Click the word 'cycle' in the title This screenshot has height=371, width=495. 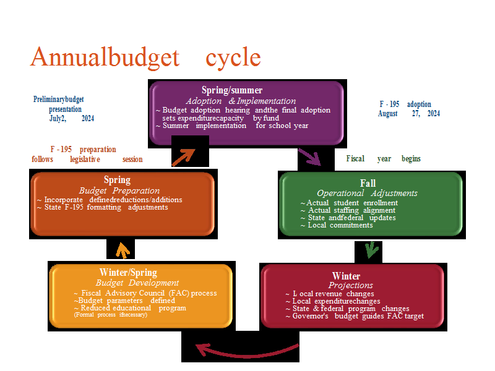[x=233, y=58]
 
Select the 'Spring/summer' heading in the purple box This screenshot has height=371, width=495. [x=232, y=90]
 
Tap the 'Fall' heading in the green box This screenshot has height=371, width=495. [x=368, y=183]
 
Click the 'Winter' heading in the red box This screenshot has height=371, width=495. [x=346, y=276]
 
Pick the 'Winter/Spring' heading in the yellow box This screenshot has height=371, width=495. [x=128, y=272]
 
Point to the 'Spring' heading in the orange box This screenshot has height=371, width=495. [x=117, y=180]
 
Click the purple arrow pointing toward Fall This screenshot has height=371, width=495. [x=310, y=156]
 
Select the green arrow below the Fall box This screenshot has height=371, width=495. [x=372, y=250]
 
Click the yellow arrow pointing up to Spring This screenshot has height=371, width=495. [x=123, y=251]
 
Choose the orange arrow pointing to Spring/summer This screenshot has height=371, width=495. [x=184, y=157]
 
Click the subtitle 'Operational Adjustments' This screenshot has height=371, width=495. [x=367, y=193]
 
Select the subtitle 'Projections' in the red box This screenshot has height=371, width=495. [x=350, y=285]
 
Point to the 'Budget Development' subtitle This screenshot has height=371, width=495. [x=137, y=283]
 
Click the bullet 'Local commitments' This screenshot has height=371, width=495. [x=337, y=225]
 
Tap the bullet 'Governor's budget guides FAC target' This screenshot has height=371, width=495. [x=355, y=316]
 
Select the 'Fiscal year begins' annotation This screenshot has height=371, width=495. [x=383, y=158]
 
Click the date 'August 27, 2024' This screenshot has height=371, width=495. [x=409, y=114]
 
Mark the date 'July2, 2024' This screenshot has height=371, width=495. [x=72, y=118]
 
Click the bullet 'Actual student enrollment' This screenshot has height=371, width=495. [x=349, y=203]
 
